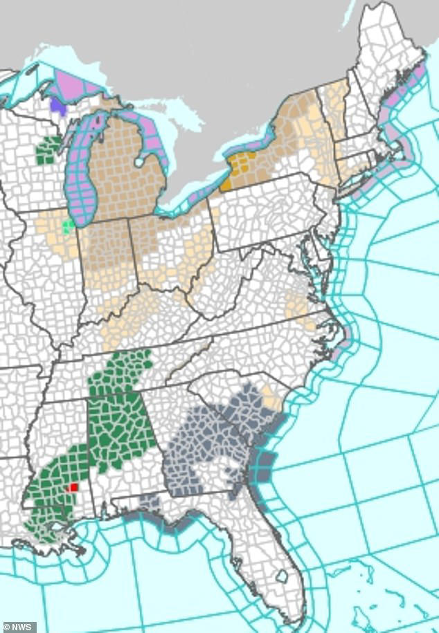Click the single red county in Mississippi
point(74,487)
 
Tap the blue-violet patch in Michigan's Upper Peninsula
point(57,105)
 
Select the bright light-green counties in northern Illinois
point(67,226)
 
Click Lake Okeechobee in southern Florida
point(282,576)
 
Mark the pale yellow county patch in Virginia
point(298,307)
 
